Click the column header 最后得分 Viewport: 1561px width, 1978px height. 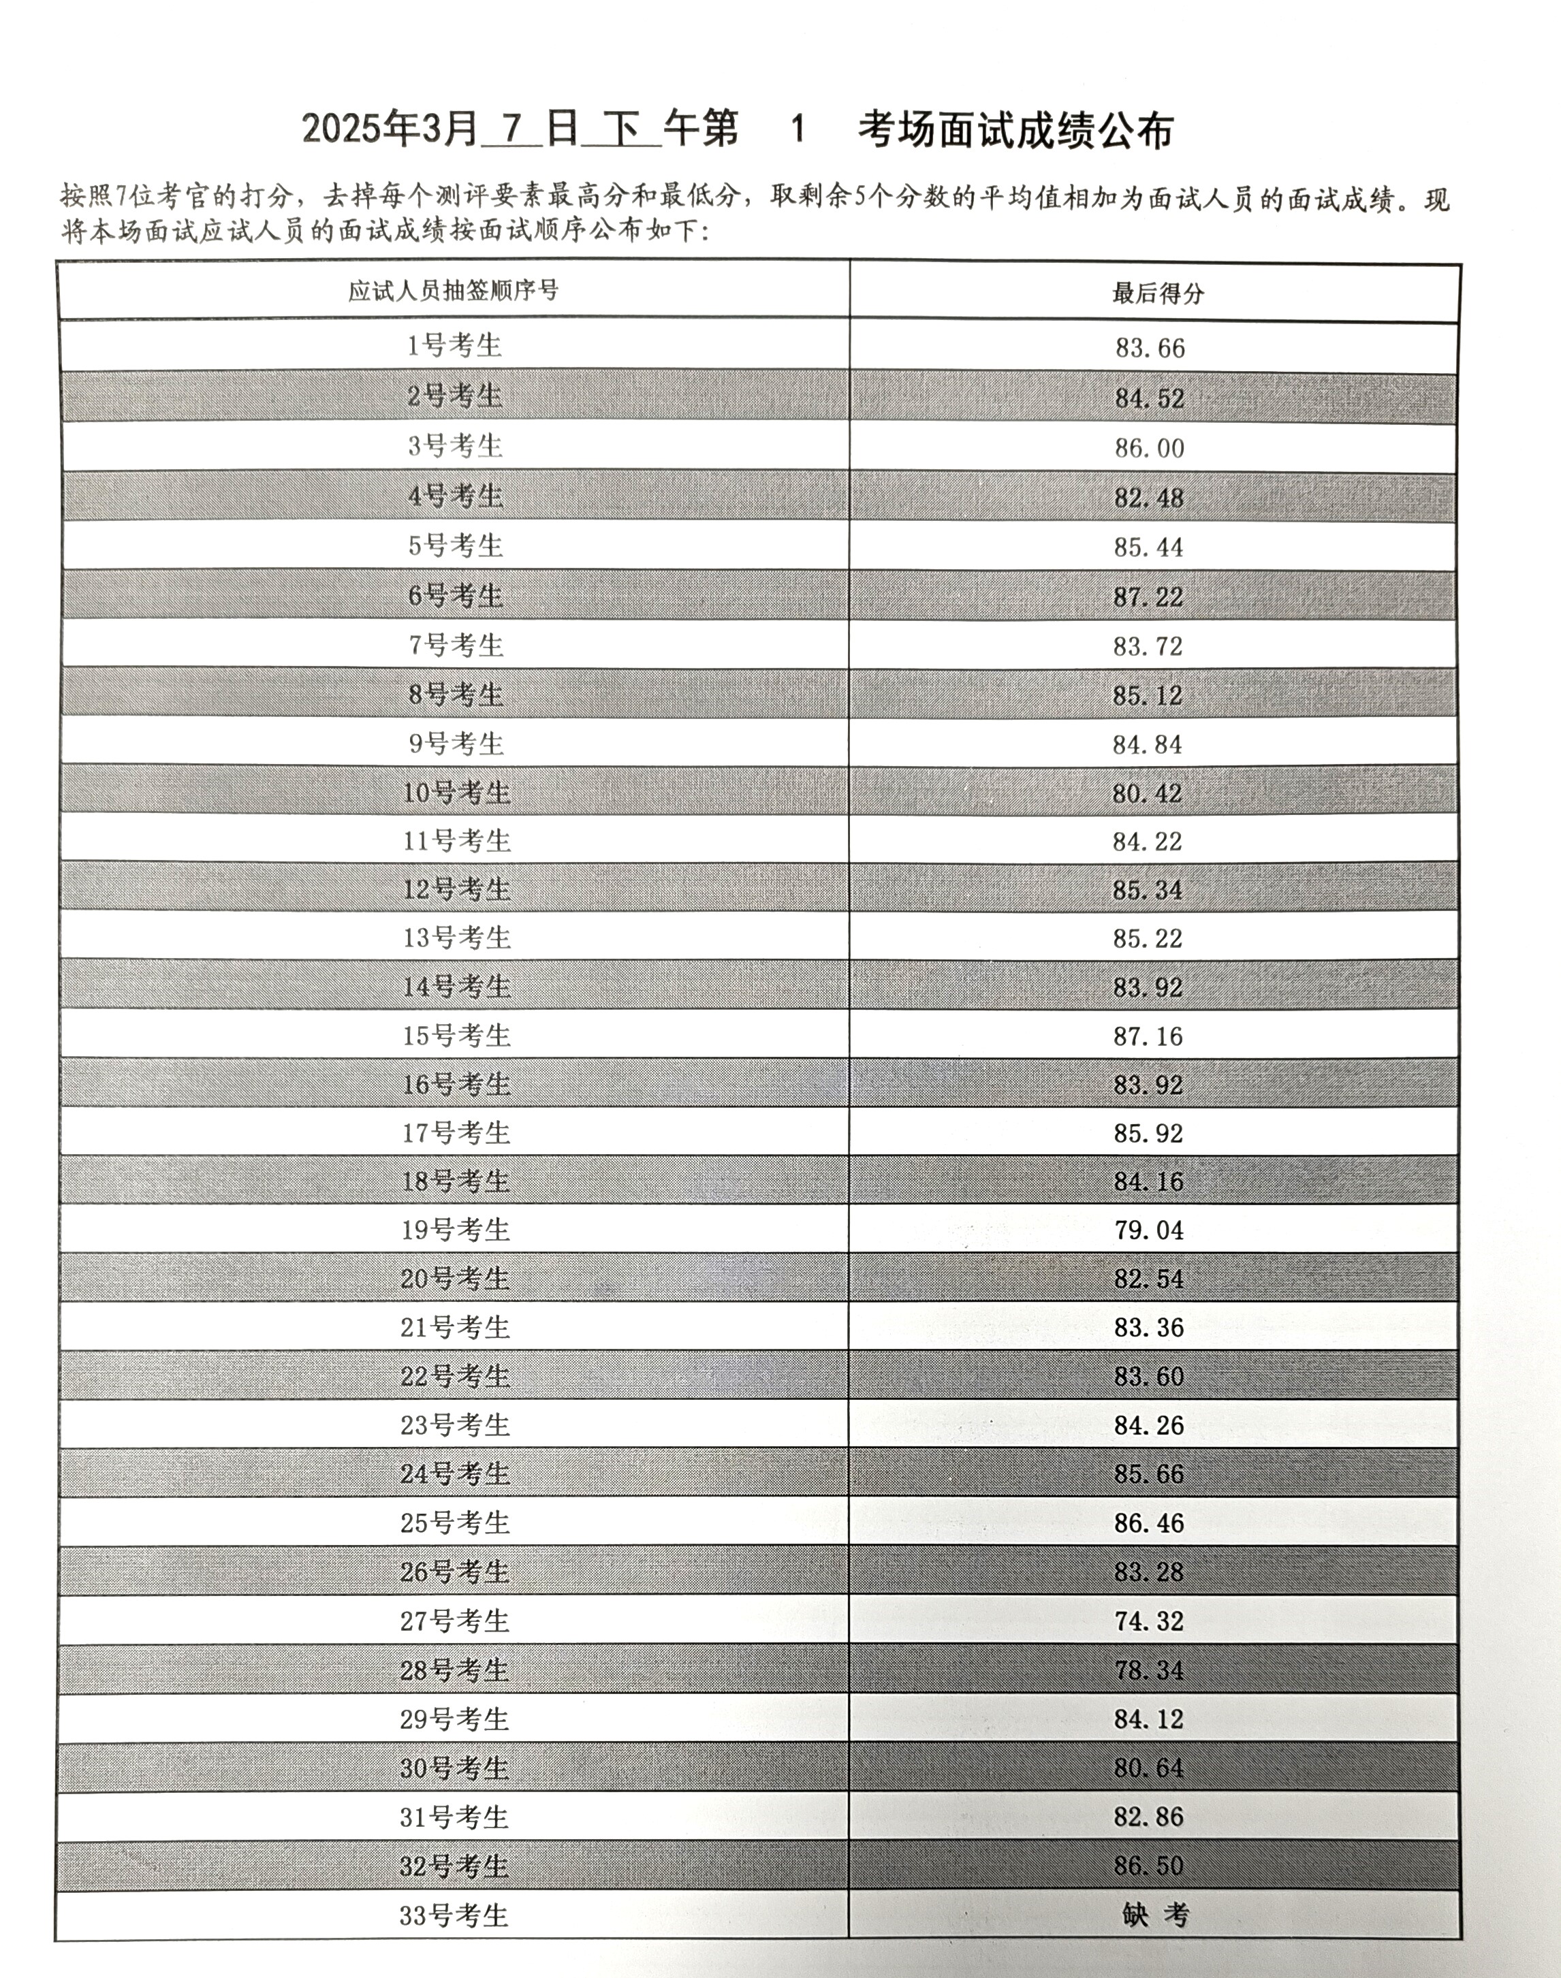pos(1157,293)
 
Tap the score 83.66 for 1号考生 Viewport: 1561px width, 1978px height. pos(1150,348)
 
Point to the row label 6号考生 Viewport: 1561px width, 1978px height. pos(455,596)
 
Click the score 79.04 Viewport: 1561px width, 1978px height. pos(1149,1230)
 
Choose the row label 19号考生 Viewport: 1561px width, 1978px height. pos(455,1230)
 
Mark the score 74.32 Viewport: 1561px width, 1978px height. pos(1149,1621)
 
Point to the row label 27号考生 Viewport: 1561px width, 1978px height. pos(454,1621)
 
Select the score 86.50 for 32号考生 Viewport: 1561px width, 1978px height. pos(1149,1866)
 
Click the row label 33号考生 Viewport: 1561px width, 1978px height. pos(454,1915)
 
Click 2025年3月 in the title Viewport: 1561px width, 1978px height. pos(390,131)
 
